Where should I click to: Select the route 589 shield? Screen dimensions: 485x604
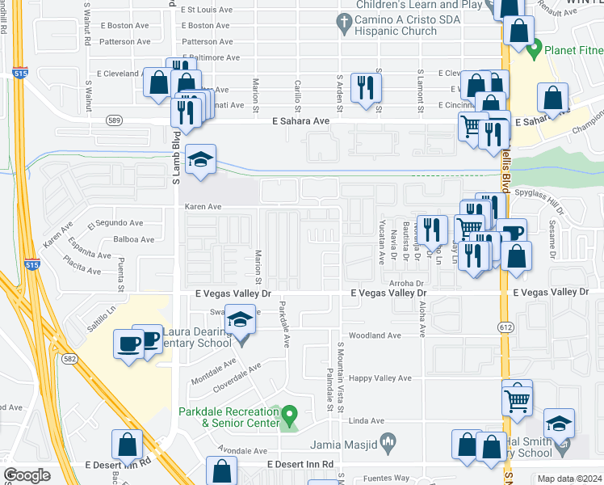pos(115,120)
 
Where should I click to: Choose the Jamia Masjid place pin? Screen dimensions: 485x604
pos(389,441)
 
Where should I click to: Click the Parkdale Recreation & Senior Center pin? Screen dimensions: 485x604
pos(290,415)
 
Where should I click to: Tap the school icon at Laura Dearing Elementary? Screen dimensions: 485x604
pos(240,321)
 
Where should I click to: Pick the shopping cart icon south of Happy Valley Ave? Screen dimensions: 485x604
pos(517,398)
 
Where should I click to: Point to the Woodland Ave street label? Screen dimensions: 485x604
pos(374,335)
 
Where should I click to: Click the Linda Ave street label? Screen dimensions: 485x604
pos(365,421)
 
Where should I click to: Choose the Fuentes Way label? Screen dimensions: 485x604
pos(385,478)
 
